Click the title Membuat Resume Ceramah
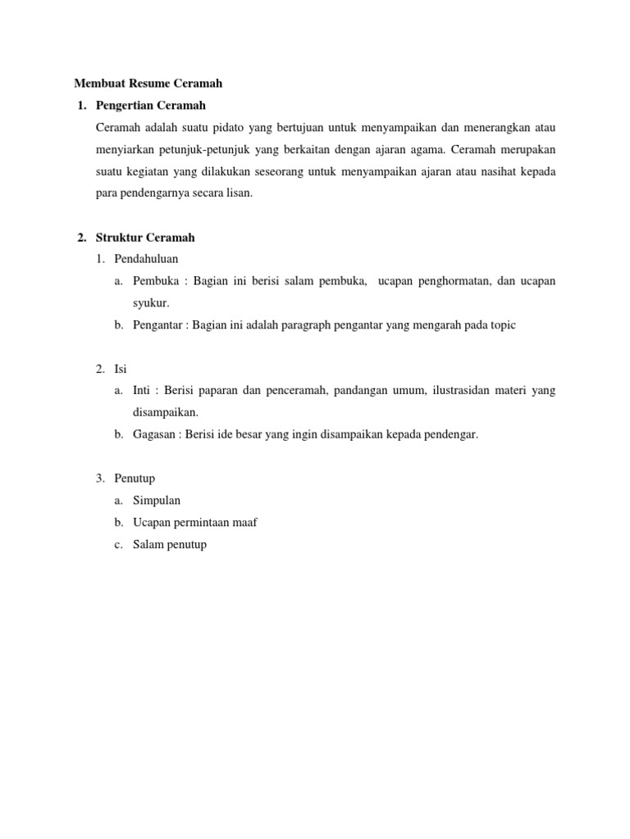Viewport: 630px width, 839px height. (x=148, y=84)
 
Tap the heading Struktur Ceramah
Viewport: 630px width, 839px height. (x=145, y=238)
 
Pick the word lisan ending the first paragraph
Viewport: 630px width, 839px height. (x=239, y=194)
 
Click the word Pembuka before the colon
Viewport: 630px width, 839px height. (x=156, y=281)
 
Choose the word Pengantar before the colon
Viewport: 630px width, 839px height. (x=159, y=325)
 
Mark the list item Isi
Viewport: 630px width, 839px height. (x=121, y=370)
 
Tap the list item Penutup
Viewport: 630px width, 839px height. (x=135, y=478)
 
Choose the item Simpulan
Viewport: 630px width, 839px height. (x=157, y=500)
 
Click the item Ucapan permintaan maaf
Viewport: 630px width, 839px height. (x=194, y=522)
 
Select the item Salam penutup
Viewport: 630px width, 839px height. (x=170, y=544)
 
